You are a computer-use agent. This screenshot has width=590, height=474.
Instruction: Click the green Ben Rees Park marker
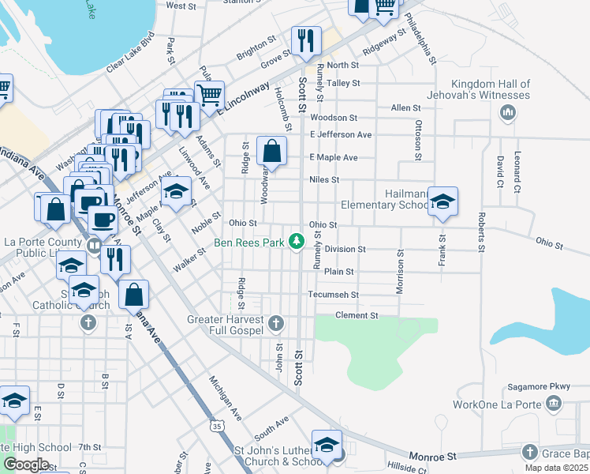(297, 241)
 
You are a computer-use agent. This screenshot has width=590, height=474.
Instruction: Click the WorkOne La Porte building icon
(554, 404)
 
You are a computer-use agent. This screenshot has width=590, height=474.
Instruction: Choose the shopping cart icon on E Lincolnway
(209, 96)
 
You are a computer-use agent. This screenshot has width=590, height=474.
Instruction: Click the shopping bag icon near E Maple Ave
(271, 151)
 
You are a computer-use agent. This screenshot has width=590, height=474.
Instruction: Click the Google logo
(26, 464)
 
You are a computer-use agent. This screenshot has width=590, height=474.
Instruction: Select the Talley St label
(343, 83)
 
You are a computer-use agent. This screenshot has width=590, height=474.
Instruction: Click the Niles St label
(324, 180)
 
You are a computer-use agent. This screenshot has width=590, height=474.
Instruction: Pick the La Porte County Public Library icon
(94, 246)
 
